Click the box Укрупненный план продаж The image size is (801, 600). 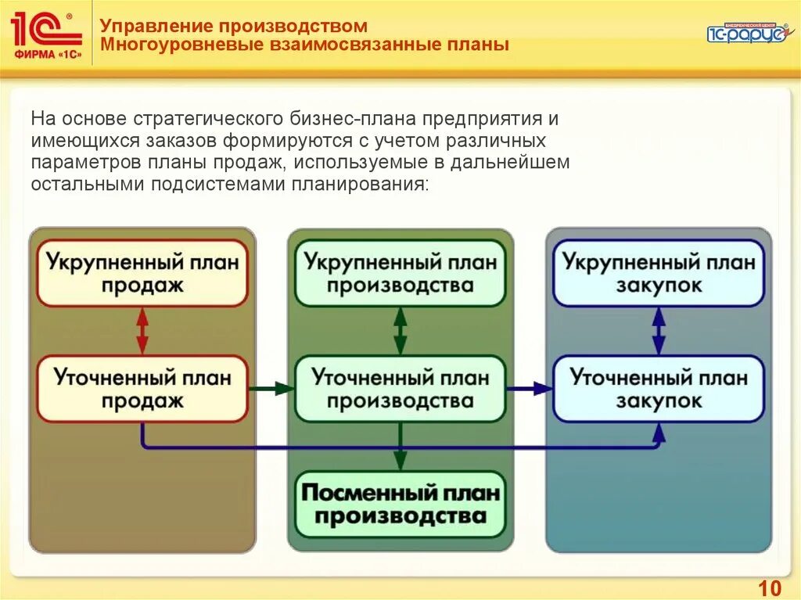click(x=142, y=272)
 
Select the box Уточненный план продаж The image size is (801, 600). click(x=142, y=389)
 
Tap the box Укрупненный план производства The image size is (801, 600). click(x=400, y=272)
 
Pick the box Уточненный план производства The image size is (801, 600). click(x=400, y=389)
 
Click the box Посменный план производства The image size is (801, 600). click(x=400, y=505)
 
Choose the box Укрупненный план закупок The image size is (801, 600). click(x=659, y=272)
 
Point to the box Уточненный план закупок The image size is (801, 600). click(x=659, y=389)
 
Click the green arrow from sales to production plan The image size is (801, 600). click(x=271, y=388)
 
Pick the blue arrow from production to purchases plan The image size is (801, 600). click(x=530, y=388)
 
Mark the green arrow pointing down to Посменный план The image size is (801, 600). click(x=400, y=447)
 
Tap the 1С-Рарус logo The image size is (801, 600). click(x=746, y=32)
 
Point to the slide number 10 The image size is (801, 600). click(x=770, y=587)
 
